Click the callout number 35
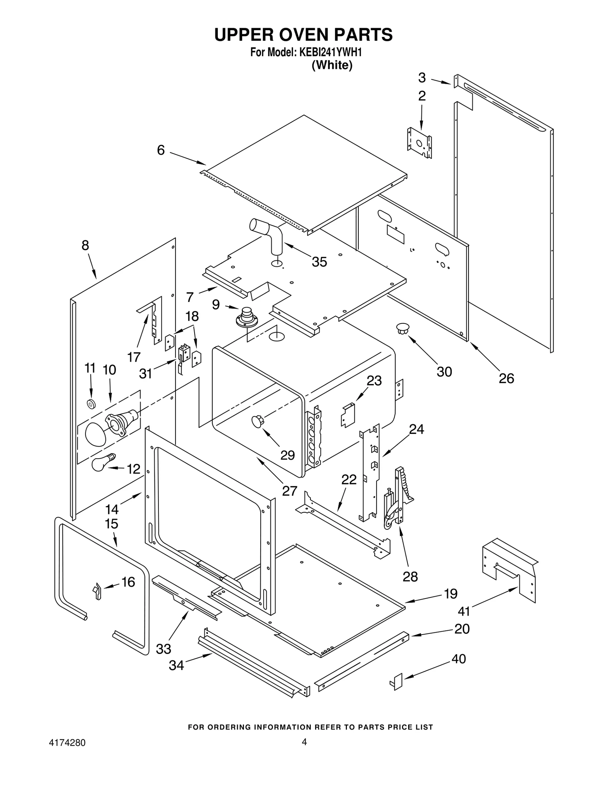[x=319, y=262]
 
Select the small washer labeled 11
[x=91, y=404]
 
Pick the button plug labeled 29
[x=257, y=421]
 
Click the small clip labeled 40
[x=396, y=681]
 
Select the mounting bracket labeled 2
[x=420, y=143]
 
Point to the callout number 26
[x=506, y=378]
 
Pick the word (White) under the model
[x=332, y=65]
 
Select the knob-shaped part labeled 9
[x=247, y=317]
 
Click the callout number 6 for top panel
[x=161, y=150]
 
